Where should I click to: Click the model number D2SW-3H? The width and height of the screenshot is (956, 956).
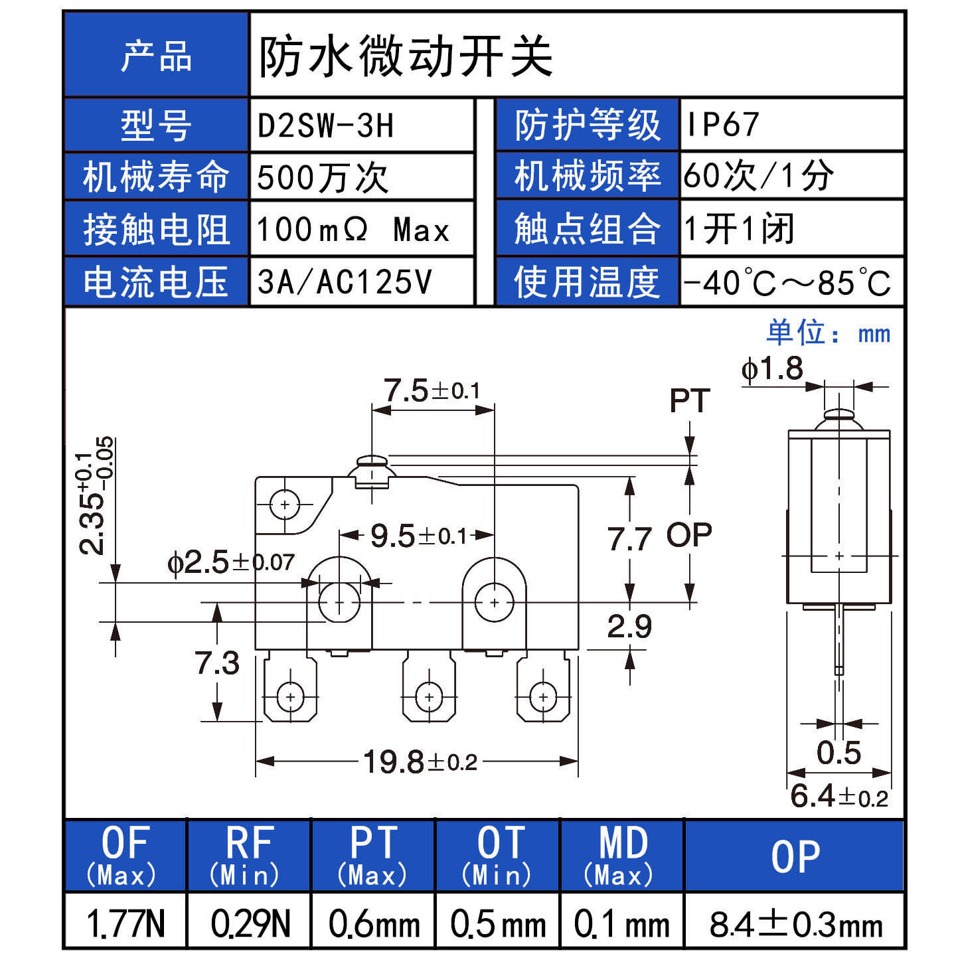[x=325, y=125]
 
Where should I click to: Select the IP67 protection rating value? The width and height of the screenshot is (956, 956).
[x=722, y=125]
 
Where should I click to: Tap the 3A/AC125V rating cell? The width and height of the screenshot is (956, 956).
[x=345, y=282]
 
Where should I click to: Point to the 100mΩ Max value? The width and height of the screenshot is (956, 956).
[x=353, y=230]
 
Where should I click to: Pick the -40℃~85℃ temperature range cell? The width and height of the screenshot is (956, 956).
[x=787, y=283]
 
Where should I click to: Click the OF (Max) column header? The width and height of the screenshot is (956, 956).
[x=125, y=855]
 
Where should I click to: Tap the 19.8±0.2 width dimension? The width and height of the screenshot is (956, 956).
[x=420, y=761]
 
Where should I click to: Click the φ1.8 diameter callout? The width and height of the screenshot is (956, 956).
[x=772, y=369]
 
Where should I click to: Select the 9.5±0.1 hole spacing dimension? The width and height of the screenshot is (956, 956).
[x=418, y=536]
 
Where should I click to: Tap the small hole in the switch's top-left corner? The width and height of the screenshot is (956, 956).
[x=285, y=505]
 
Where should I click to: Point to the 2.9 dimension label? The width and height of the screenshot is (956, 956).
[x=629, y=626]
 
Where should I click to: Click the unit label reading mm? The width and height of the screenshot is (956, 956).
[x=874, y=334]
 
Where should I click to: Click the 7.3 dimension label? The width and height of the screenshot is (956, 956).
[x=217, y=663]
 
